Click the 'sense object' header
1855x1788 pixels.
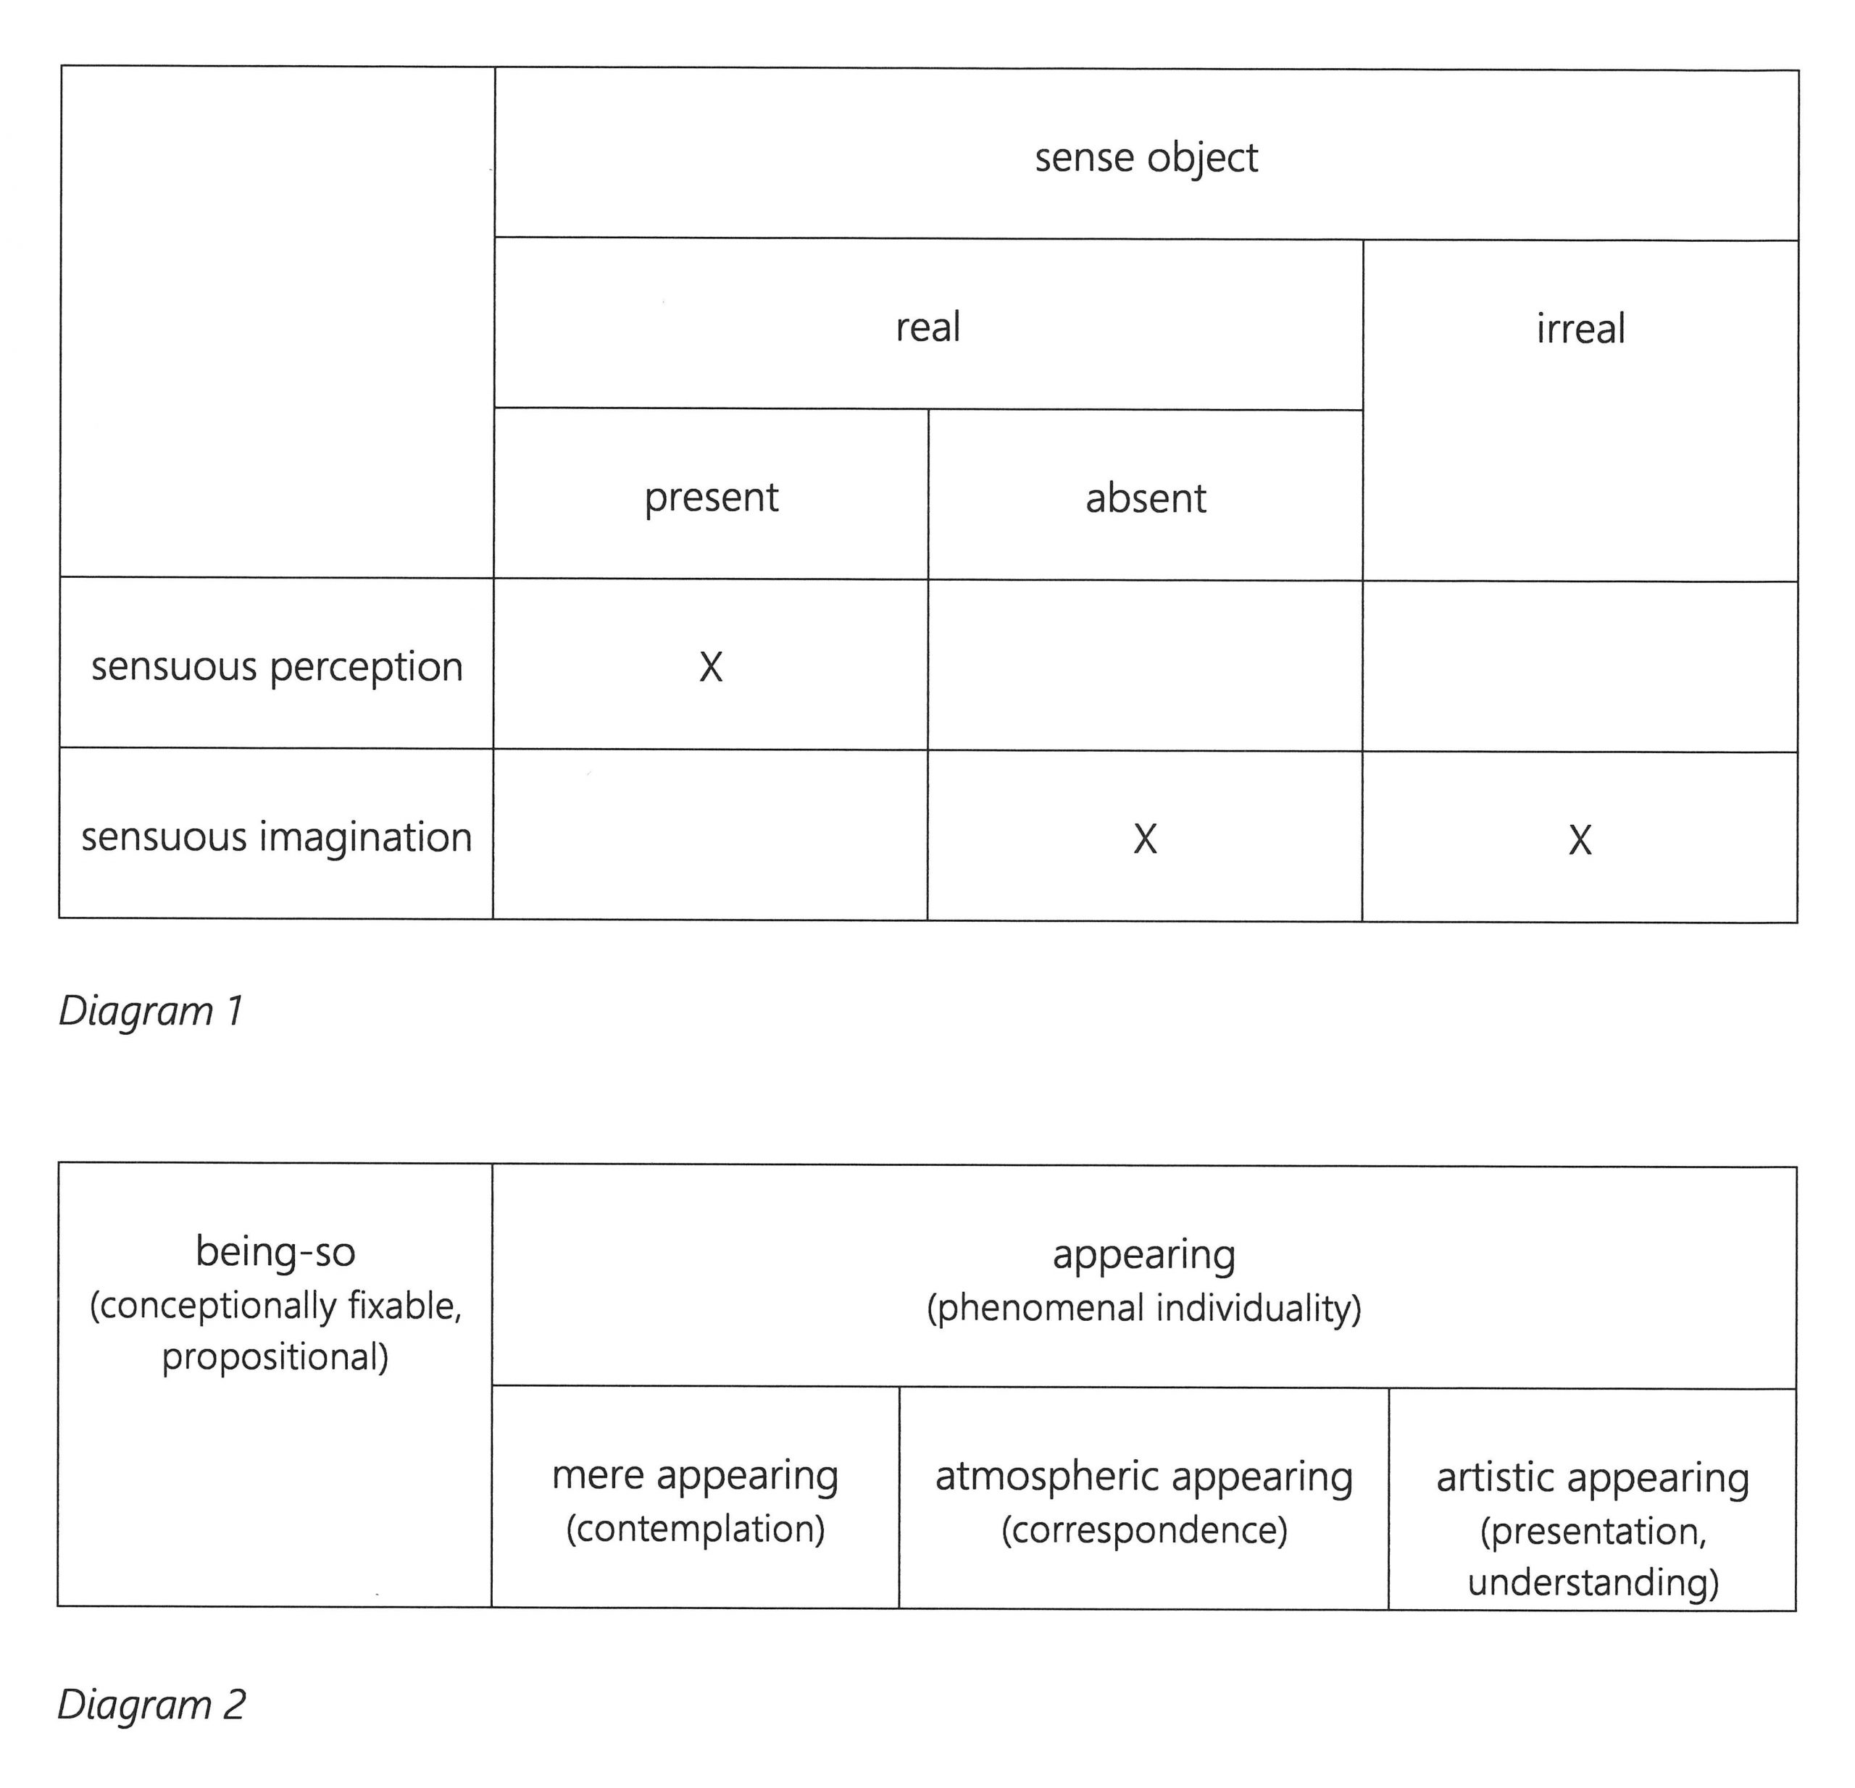1146,158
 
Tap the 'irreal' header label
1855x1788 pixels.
1580,328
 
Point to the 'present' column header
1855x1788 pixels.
711,498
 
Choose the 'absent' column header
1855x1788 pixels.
1145,498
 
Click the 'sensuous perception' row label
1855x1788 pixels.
276,667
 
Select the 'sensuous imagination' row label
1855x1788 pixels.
275,837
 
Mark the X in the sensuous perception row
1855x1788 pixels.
711,668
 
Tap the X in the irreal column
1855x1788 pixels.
1580,840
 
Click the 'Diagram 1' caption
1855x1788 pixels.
151,1011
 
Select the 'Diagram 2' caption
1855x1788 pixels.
151,1705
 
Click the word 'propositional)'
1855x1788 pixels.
275,1356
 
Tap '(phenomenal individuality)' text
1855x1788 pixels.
1143,1309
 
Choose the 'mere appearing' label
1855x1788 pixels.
695,1476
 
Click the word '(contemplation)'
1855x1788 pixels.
696,1529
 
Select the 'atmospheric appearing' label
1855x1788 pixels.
1143,1477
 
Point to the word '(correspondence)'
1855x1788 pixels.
1144,1529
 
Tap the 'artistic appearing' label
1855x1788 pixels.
1593,1478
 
